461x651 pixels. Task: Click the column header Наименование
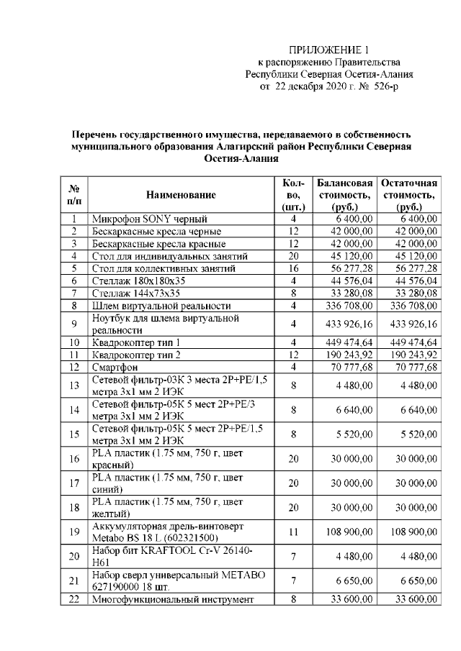point(180,195)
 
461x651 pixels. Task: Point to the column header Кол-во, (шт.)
point(293,195)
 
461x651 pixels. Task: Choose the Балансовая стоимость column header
point(344,195)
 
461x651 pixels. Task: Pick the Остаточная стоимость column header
point(408,195)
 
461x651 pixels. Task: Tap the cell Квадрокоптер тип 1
point(135,342)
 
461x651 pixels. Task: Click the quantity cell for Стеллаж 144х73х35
point(293,293)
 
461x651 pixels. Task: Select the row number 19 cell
point(73,532)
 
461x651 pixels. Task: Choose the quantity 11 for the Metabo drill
point(293,532)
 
